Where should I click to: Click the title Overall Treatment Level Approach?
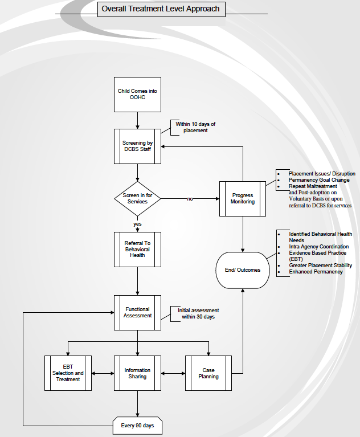coord(159,9)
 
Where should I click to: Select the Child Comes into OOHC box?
coord(137,95)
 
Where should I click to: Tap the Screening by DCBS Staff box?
coord(137,146)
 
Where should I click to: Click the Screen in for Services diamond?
coord(137,199)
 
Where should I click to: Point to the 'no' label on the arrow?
coord(190,199)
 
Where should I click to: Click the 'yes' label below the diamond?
coord(137,224)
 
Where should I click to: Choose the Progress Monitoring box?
coord(243,199)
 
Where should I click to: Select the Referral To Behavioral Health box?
coord(137,249)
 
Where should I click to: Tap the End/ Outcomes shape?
coord(243,270)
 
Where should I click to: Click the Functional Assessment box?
coord(137,312)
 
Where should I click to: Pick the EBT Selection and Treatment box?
coord(68,373)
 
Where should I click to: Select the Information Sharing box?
coord(137,373)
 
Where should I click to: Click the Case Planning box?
coord(208,373)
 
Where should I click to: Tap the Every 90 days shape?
coord(137,426)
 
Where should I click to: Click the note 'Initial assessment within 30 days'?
coord(198,313)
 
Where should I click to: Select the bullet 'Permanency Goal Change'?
coord(319,180)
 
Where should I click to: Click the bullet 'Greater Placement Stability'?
coord(320,266)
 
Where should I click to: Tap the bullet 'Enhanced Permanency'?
coord(316,272)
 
